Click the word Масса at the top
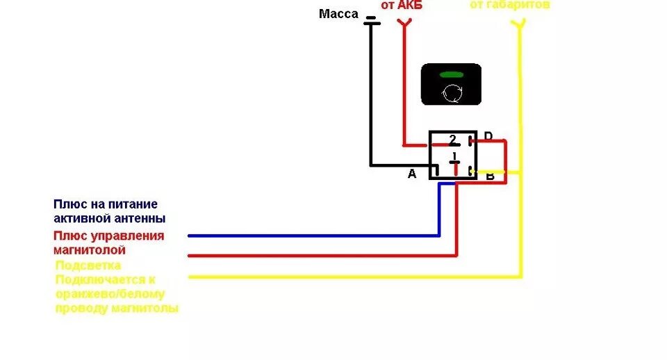tap(338, 14)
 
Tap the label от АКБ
tap(401, 6)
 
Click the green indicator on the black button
tap(451, 74)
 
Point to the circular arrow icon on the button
tap(451, 92)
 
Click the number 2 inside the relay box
tap(452, 139)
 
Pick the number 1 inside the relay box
tap(454, 156)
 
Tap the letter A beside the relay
tap(411, 174)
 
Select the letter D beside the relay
tap(488, 136)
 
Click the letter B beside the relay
tap(490, 177)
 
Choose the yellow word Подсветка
tap(88, 265)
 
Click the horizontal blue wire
tap(313, 236)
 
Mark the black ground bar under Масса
tap(372, 24)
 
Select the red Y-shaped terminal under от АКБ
tap(404, 24)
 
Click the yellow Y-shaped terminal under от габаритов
tap(518, 25)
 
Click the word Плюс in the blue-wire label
tap(69, 204)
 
